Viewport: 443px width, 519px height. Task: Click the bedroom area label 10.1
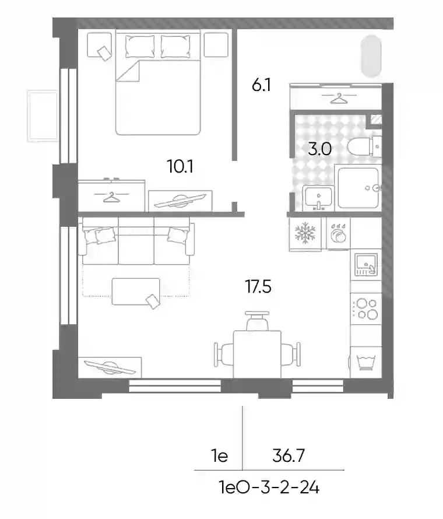180,166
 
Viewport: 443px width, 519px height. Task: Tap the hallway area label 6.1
261,85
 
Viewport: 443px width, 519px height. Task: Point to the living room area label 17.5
258,287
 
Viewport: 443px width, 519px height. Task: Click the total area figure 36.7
289,456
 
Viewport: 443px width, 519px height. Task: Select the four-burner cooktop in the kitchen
366,308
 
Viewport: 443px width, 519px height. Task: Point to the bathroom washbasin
319,198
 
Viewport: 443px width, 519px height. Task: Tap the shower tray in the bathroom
358,188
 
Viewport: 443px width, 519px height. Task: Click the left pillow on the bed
140,47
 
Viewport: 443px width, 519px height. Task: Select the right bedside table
216,45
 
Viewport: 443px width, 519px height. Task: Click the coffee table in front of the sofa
136,292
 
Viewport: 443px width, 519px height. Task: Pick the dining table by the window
258,355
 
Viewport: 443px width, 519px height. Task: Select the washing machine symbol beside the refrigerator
339,234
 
